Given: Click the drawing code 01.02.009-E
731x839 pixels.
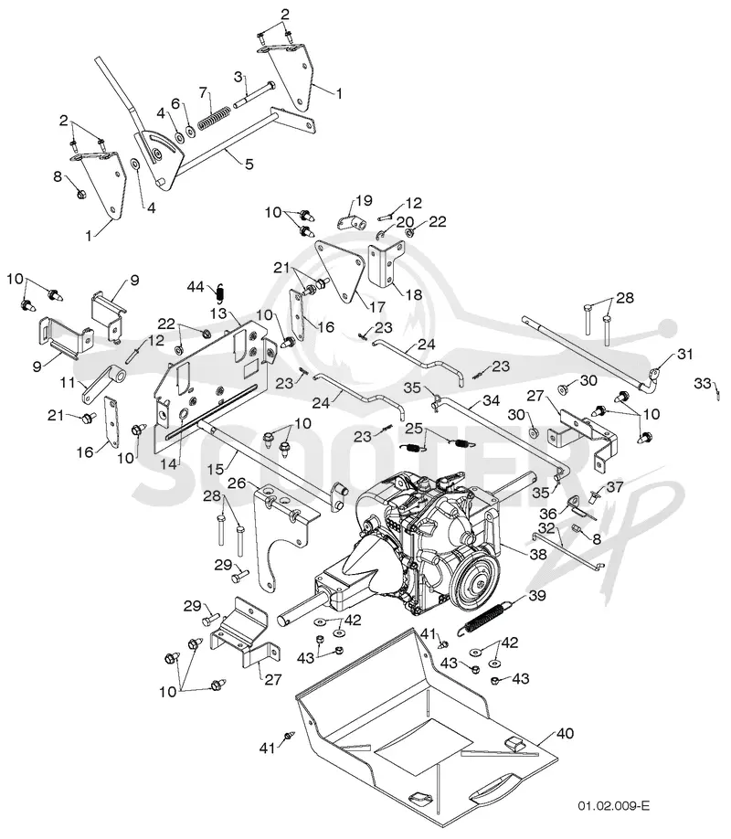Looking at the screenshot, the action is pyautogui.click(x=613, y=806).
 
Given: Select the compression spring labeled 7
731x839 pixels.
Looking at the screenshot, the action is pyautogui.click(x=214, y=116).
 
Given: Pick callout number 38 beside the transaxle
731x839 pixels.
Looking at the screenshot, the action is pyautogui.click(x=538, y=554).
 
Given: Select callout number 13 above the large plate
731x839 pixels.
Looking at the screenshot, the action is pyautogui.click(x=219, y=313).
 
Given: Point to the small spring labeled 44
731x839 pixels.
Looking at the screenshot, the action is pyautogui.click(x=220, y=292).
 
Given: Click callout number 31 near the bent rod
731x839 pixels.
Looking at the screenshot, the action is pyautogui.click(x=685, y=355).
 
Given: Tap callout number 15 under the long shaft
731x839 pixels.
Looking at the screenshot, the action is pyautogui.click(x=215, y=469).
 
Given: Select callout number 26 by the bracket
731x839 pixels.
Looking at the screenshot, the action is pyautogui.click(x=236, y=483).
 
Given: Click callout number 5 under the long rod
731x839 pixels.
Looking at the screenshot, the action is pyautogui.click(x=249, y=164).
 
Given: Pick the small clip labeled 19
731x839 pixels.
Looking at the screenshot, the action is pyautogui.click(x=351, y=221).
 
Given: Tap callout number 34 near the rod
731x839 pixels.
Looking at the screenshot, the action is pyautogui.click(x=491, y=400).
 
